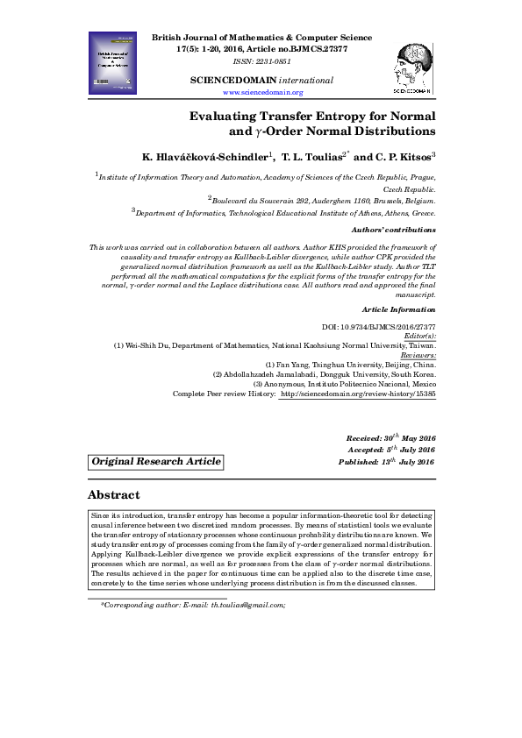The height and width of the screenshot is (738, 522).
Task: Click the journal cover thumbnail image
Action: [x=113, y=62]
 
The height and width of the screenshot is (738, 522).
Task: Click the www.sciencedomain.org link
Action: [x=263, y=92]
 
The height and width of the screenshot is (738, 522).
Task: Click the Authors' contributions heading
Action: [x=399, y=230]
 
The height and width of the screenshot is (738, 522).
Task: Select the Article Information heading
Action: [x=398, y=309]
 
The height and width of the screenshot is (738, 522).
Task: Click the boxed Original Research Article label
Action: [x=157, y=462]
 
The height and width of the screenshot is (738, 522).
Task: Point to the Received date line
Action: [x=390, y=436]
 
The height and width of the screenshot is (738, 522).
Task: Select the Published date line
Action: [x=387, y=461]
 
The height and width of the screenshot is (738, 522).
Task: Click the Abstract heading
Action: [x=121, y=494]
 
